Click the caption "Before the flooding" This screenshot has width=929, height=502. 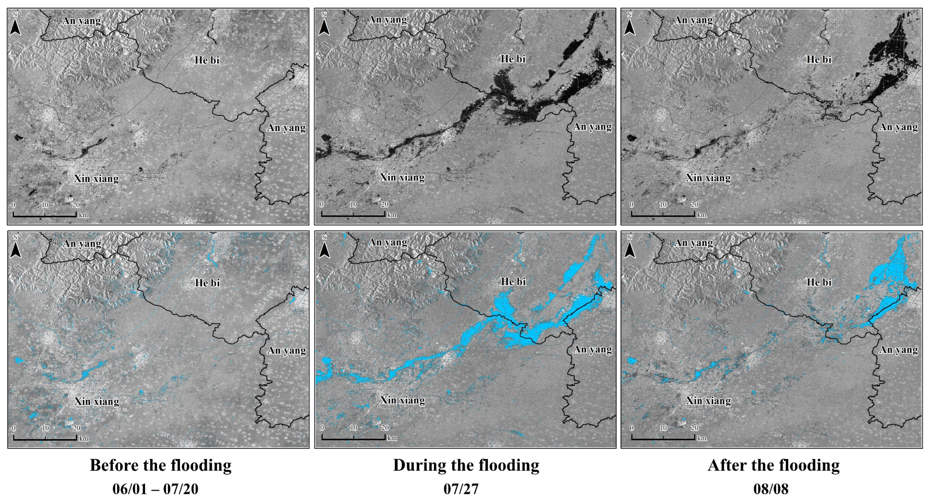pos(160,465)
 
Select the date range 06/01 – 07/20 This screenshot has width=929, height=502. pos(155,489)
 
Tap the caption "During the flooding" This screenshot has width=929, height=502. pos(466,465)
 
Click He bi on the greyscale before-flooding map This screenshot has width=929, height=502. pos(207,60)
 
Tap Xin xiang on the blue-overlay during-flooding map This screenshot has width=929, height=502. pos(402,400)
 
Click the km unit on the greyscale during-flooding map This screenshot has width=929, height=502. pos(392,215)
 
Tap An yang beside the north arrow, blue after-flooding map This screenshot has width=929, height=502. pos(693,243)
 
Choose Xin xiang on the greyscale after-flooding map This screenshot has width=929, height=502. pos(708,178)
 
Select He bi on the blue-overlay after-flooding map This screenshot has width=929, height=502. pos(819,282)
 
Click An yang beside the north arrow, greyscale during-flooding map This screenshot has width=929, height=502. pos(387,20)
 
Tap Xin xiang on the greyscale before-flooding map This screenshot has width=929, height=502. pos(96,179)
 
